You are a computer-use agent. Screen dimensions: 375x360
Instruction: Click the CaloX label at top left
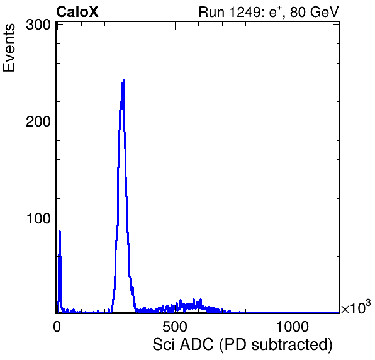[x=77, y=12]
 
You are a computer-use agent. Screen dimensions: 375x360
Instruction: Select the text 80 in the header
[x=298, y=12]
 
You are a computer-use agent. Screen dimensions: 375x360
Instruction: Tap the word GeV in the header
[x=324, y=12]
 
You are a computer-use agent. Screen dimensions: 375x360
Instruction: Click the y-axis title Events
[x=9, y=48]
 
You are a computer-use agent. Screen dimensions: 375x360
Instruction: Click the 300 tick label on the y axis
[x=38, y=25]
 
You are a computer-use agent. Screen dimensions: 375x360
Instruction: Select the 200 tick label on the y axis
[x=38, y=121]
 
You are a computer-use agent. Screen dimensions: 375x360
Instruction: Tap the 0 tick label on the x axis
[x=57, y=327]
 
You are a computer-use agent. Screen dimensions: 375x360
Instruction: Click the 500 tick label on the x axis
[x=175, y=327]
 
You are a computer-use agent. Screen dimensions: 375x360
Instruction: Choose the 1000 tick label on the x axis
[x=293, y=327]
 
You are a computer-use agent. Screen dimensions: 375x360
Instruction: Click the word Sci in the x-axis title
[x=164, y=345]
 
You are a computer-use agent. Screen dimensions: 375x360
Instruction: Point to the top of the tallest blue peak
[x=124, y=81]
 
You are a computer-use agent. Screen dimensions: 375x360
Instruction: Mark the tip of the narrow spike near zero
[x=60, y=232]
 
